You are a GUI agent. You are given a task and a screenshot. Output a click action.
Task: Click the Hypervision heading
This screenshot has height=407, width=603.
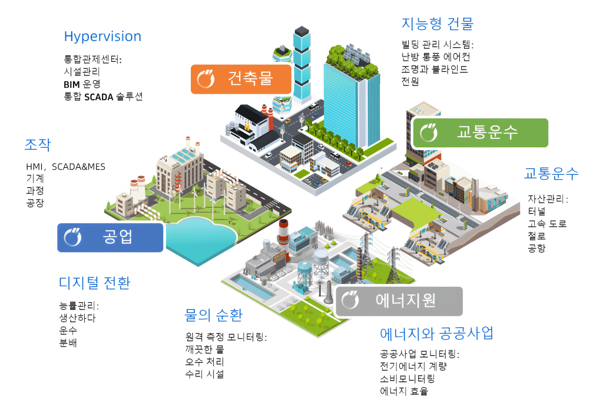[102, 37]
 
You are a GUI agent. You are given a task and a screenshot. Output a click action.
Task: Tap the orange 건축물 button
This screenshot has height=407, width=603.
[241, 79]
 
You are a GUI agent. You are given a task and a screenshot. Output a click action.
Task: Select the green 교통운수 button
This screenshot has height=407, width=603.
[479, 133]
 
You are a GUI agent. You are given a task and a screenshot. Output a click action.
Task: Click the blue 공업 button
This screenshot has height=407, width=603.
[110, 238]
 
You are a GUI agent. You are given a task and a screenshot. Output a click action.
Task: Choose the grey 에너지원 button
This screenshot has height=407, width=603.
[399, 301]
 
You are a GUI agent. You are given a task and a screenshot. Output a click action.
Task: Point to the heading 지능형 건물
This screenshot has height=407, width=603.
[438, 24]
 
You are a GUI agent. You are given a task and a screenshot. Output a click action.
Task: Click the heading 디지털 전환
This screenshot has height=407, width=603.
[95, 283]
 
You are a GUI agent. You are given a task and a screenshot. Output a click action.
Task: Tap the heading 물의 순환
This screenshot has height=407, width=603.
[213, 315]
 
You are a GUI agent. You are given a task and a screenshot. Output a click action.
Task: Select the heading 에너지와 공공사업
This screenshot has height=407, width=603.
[436, 333]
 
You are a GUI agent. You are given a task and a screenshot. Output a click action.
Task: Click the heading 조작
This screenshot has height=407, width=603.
[38, 145]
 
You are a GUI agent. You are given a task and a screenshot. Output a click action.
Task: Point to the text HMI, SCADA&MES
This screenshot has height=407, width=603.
[65, 167]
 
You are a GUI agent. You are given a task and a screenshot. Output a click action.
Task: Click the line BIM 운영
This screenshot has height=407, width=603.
[82, 84]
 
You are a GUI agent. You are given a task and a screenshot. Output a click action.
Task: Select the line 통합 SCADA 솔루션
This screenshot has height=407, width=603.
[103, 97]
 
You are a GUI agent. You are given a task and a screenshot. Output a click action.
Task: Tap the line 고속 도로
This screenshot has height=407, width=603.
[547, 223]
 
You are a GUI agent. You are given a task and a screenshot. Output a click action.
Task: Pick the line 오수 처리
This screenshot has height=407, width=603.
[204, 362]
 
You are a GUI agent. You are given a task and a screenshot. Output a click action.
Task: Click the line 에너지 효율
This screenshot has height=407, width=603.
[404, 391]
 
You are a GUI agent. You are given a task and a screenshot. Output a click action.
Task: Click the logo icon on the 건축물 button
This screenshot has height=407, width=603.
[206, 79]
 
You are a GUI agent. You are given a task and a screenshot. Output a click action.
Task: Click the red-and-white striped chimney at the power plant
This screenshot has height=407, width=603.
[283, 232]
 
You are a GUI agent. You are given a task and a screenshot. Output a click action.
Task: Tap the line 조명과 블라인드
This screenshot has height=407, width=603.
[435, 70]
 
